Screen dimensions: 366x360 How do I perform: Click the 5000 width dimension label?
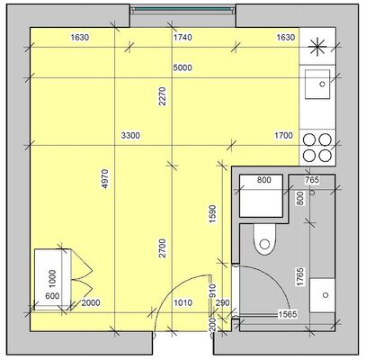(183, 67)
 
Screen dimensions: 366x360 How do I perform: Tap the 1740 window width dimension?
(183, 37)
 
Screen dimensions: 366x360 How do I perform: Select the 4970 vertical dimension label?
(105, 179)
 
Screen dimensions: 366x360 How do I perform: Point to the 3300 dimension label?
(130, 136)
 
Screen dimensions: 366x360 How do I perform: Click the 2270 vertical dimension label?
(162, 96)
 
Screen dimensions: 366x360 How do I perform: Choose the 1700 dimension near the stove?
(283, 136)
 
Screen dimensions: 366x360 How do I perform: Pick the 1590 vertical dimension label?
(212, 213)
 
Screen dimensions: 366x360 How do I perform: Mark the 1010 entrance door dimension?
(183, 302)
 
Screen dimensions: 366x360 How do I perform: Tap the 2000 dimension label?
(91, 302)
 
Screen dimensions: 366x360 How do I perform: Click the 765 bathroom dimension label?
(312, 180)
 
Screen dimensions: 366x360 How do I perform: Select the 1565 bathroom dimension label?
(288, 314)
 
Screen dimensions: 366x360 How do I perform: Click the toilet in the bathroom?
(264, 239)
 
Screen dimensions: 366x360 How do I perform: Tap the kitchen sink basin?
(317, 85)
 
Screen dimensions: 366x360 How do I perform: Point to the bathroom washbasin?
(322, 295)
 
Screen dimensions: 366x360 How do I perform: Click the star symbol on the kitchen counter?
(317, 47)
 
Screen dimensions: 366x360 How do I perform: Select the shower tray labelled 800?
(261, 195)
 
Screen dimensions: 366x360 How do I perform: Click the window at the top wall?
(183, 10)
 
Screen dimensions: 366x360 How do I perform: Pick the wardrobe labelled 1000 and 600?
(53, 279)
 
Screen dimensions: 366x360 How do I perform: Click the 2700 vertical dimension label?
(162, 248)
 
